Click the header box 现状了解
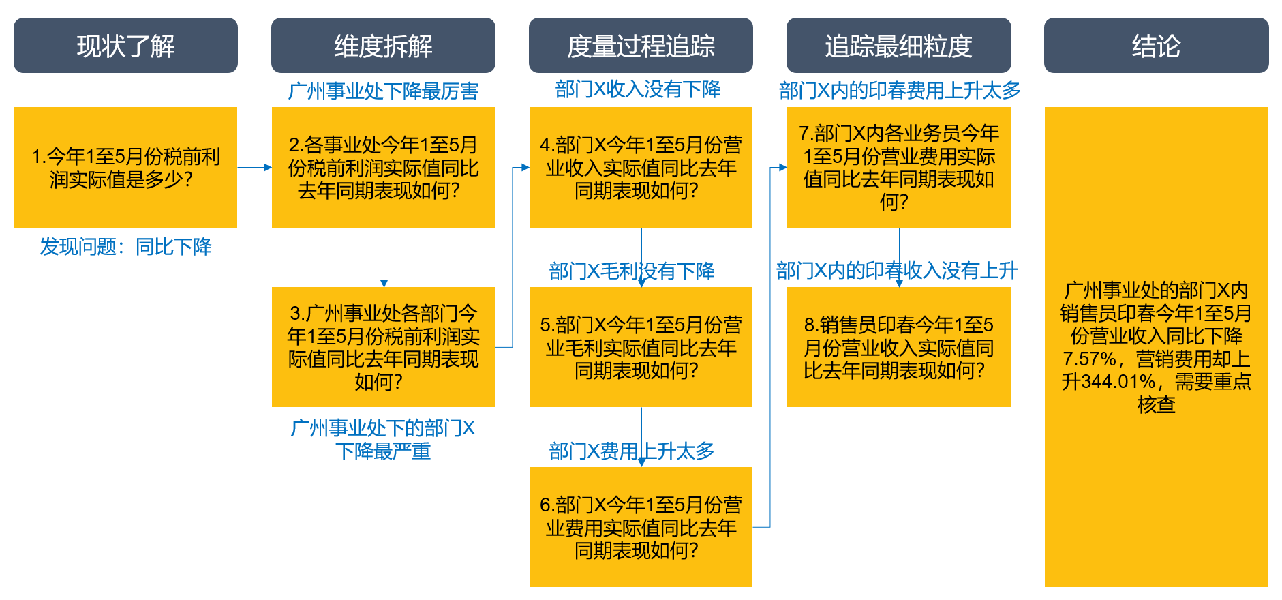(125, 46)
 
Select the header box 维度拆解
(383, 46)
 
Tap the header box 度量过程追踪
(641, 46)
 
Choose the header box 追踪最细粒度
(898, 46)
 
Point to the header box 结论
(1156, 46)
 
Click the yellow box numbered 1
(125, 167)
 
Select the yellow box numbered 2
(383, 167)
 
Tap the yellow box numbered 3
(383, 347)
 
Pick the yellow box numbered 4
(641, 167)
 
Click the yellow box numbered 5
(641, 347)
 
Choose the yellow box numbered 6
(641, 527)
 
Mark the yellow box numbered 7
(898, 167)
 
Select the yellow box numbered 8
(898, 347)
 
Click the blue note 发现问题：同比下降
(125, 246)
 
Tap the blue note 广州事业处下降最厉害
(383, 91)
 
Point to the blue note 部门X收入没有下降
(638, 89)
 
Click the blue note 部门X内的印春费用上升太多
(900, 90)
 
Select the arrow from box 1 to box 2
(254, 167)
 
